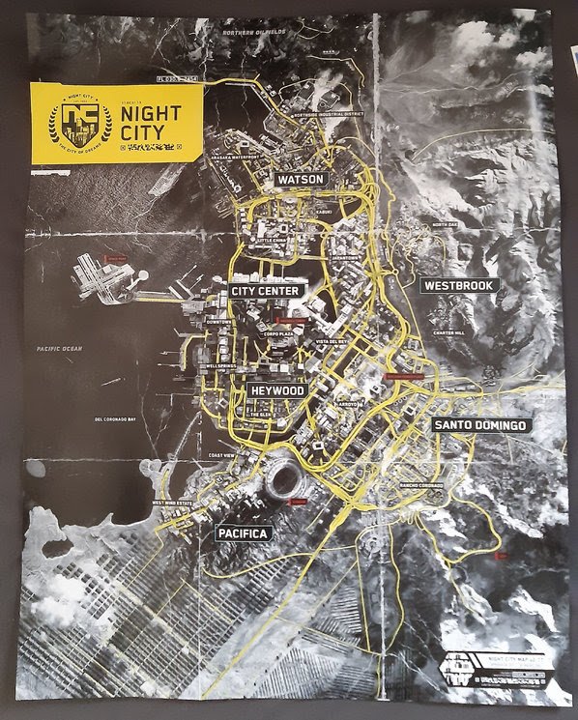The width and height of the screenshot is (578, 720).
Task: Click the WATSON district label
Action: click(301, 180)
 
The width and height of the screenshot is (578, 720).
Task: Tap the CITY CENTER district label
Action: click(267, 290)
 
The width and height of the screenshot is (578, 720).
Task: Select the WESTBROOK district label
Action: click(459, 285)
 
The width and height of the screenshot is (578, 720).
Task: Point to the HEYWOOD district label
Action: click(277, 390)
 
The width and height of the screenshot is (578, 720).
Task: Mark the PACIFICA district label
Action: click(244, 533)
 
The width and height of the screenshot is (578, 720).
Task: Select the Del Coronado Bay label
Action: click(120, 421)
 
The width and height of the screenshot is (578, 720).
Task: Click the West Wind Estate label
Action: click(177, 503)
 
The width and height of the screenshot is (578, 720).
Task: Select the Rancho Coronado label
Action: click(422, 484)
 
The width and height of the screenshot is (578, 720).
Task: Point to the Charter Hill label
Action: click(449, 332)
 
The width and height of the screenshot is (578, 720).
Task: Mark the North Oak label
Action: click(446, 225)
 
